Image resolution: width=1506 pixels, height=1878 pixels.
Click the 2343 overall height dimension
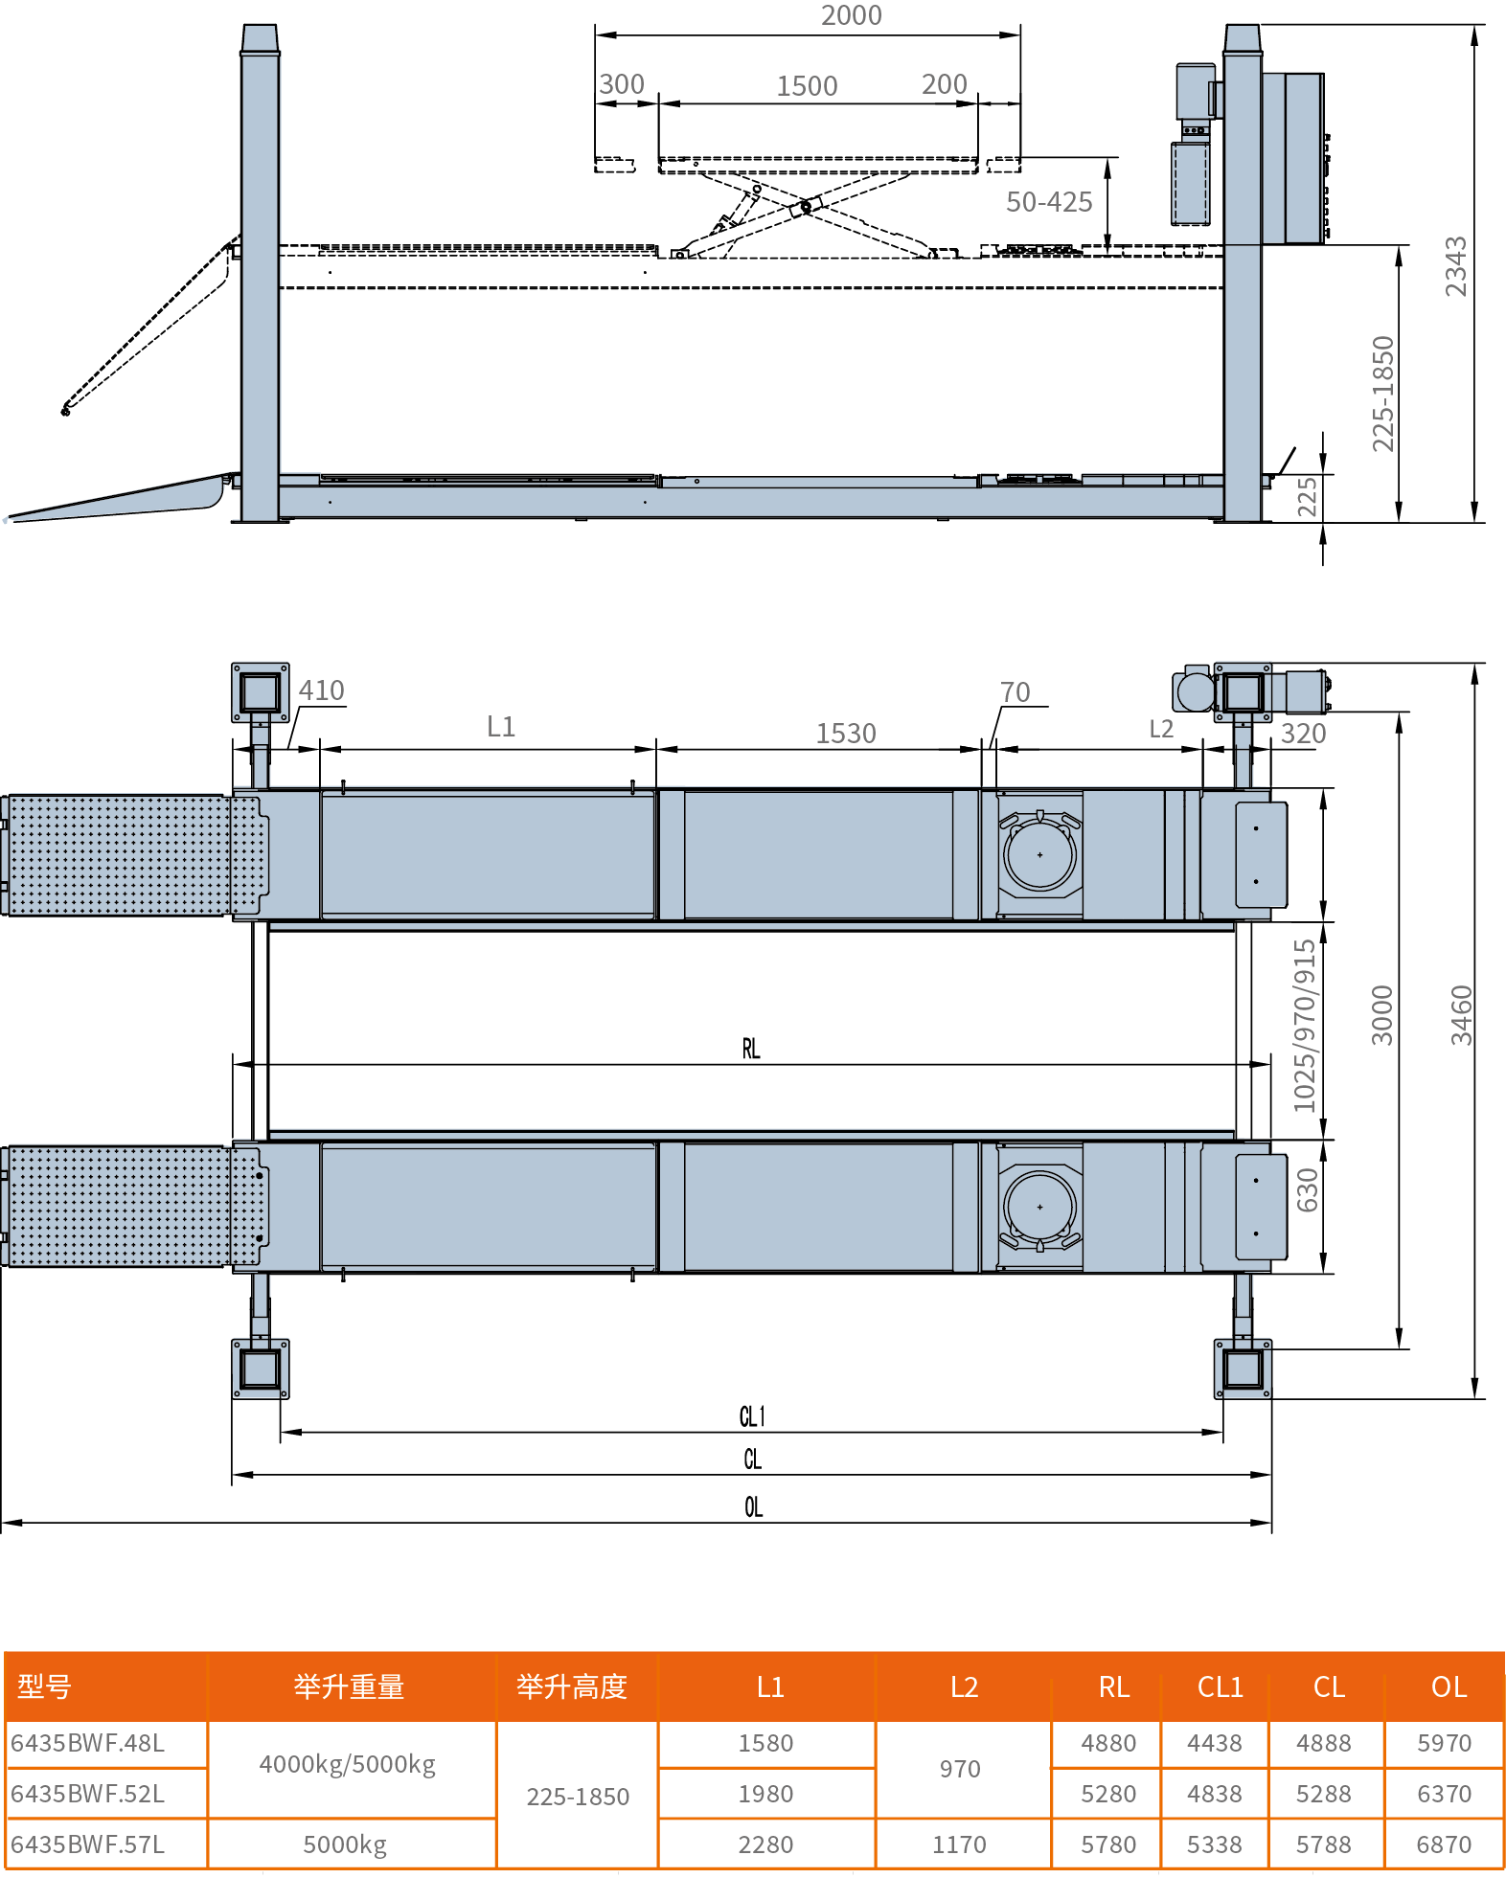point(1455,266)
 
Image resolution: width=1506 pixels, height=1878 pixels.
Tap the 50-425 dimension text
point(1049,202)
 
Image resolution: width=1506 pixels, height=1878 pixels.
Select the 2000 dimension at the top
point(851,15)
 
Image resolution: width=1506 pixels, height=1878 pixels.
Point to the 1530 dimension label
point(846,734)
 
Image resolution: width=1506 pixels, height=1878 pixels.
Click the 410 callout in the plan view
point(322,690)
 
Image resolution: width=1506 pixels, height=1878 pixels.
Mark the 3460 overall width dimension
point(1461,1015)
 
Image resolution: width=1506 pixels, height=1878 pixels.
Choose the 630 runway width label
point(1308,1190)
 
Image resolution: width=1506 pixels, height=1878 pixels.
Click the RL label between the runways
point(751,1049)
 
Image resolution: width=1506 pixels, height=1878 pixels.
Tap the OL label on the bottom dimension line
point(754,1507)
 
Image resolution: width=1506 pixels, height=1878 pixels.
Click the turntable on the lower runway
point(1040,1208)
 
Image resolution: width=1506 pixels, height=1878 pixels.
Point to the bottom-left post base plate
point(261,1369)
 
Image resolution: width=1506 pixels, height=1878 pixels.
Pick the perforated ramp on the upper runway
point(134,855)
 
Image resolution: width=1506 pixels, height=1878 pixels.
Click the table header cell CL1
point(1220,1686)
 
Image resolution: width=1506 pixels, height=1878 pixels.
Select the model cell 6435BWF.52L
point(88,1793)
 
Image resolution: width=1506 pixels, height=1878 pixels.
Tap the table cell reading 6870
point(1444,1844)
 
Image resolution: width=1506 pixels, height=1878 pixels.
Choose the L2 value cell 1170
point(959,1844)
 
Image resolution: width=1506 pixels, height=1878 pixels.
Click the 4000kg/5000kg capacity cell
point(348,1764)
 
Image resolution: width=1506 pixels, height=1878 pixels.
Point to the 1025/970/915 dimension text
point(1305,1027)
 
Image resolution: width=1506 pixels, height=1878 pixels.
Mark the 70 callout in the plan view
point(1015,692)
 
